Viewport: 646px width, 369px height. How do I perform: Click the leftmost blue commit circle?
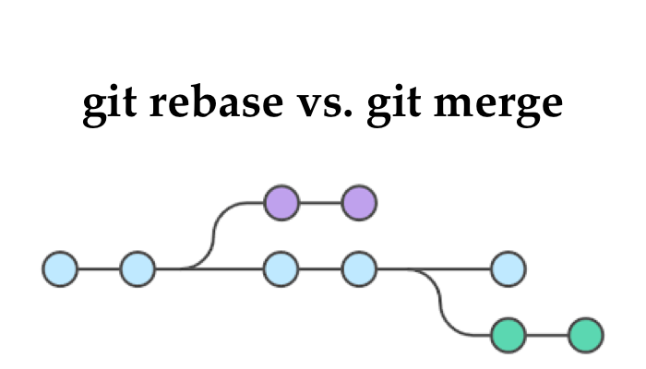click(x=60, y=269)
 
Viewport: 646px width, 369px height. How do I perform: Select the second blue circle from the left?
click(x=138, y=269)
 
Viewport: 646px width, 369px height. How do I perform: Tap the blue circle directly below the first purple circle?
click(x=281, y=269)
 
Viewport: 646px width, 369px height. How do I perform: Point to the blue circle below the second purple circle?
click(x=359, y=269)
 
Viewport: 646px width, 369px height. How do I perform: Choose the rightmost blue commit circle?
click(x=508, y=269)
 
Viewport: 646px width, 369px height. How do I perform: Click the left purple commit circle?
click(x=281, y=202)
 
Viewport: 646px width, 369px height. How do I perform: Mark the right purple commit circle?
click(x=359, y=202)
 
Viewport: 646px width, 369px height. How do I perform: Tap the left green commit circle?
click(x=508, y=335)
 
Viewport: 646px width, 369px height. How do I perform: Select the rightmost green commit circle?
click(x=585, y=335)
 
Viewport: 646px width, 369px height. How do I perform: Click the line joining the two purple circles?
click(x=320, y=202)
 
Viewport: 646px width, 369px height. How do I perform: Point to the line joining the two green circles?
click(x=546, y=335)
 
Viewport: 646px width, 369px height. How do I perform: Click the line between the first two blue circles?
click(x=99, y=269)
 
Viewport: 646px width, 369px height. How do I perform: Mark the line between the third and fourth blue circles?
click(x=320, y=269)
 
